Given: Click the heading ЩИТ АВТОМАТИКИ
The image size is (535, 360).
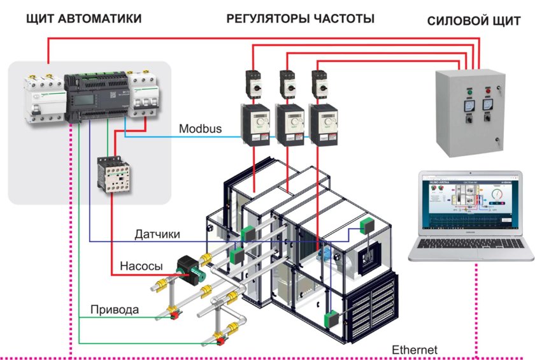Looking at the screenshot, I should [x=83, y=19].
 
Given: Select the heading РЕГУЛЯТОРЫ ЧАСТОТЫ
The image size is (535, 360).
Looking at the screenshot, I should [x=300, y=19].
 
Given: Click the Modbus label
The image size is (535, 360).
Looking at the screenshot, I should [x=200, y=129].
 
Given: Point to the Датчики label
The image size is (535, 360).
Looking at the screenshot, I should [x=157, y=234].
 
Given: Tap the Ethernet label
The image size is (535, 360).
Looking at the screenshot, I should [x=415, y=350].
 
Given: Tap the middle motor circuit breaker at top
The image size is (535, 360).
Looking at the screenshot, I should [x=287, y=84].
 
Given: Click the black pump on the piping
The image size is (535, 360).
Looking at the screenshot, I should [x=189, y=268].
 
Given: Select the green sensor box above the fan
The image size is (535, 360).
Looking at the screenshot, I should [x=367, y=226].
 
